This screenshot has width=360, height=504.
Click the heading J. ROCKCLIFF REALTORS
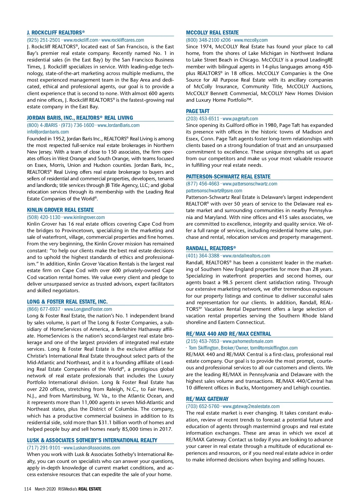click(56, 33)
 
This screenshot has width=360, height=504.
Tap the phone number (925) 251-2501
click(43, 40)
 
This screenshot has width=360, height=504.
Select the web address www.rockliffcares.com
click(123, 40)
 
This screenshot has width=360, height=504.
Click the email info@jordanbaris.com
click(48, 132)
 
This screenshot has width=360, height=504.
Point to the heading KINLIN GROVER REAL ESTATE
click(60, 210)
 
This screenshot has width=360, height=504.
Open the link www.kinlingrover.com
click(84, 217)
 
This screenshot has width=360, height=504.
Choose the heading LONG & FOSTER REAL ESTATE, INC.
click(67, 302)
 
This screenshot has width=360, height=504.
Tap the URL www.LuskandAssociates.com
click(92, 448)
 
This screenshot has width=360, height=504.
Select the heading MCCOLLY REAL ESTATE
click(212, 33)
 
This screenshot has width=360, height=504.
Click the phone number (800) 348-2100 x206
click(208, 40)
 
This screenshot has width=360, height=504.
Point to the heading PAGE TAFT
click(198, 111)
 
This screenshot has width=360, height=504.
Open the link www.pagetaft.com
click(240, 119)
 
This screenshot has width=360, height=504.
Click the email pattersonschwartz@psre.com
click(214, 191)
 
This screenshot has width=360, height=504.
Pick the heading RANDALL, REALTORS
click(211, 248)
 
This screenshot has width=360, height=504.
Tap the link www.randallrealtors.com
click(246, 256)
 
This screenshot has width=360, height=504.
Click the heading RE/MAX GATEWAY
click(207, 399)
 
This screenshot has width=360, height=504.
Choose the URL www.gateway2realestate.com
click(251, 406)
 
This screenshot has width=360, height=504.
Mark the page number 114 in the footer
click(28, 489)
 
